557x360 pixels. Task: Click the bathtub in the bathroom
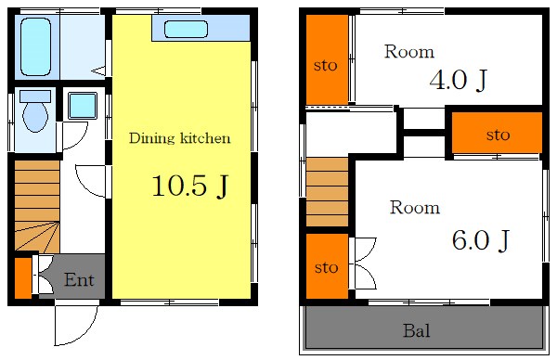click(35, 46)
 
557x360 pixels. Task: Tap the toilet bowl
click(35, 117)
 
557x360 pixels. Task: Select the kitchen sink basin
click(186, 29)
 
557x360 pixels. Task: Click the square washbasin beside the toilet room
click(83, 106)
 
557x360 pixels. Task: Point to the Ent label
click(79, 280)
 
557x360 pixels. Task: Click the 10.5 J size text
click(189, 186)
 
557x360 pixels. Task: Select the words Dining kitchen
click(180, 138)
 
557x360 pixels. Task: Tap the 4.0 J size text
click(458, 80)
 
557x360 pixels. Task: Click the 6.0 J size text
click(481, 240)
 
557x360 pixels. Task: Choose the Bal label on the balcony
click(417, 330)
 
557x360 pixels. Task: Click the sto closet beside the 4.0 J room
click(327, 59)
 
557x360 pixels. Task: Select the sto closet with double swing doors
click(327, 266)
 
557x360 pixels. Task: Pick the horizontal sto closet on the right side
click(497, 133)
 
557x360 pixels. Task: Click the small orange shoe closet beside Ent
click(23, 278)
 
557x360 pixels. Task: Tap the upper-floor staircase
click(327, 192)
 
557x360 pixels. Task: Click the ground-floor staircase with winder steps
click(37, 206)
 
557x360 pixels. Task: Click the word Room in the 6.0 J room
click(415, 207)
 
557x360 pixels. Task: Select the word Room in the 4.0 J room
click(409, 52)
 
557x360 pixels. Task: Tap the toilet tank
click(35, 96)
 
